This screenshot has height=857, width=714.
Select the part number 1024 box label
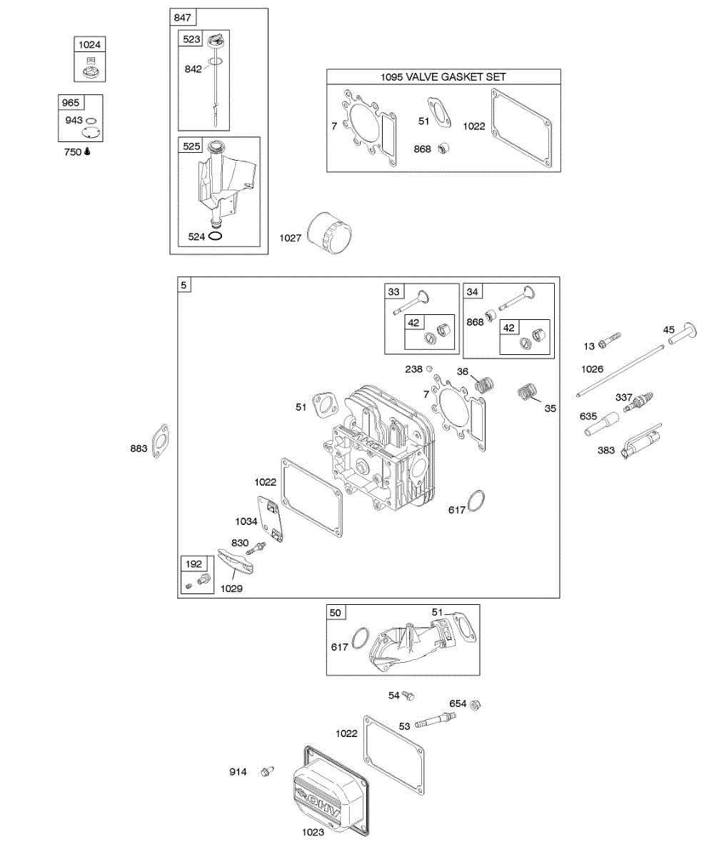click(89, 44)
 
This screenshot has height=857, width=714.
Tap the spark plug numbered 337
click(638, 401)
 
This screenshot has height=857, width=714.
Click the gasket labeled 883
click(162, 441)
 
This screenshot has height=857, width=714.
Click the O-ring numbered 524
click(216, 236)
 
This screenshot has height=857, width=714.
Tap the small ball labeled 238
click(429, 369)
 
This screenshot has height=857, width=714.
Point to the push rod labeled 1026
click(621, 370)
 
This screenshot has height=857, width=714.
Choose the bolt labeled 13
click(608, 341)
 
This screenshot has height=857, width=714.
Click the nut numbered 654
click(476, 704)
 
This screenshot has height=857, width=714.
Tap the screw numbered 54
click(409, 694)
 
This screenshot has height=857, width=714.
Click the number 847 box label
click(181, 17)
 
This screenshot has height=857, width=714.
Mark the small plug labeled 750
click(86, 151)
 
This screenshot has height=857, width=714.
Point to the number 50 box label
click(336, 613)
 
